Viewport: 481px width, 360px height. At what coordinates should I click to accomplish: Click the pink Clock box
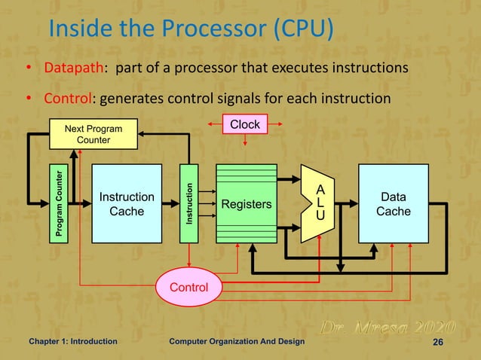tap(244, 124)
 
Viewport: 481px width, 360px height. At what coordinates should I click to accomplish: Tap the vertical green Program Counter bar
tap(59, 203)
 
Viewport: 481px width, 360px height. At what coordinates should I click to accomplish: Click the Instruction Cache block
tap(127, 203)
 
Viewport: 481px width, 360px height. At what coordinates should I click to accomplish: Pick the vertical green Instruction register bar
tap(189, 203)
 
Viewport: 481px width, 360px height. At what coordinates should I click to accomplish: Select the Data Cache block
tap(394, 203)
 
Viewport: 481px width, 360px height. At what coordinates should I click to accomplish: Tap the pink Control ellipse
tap(190, 287)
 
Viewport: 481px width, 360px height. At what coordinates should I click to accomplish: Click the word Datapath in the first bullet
tap(73, 69)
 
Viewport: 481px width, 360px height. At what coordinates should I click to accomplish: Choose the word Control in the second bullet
tap(67, 99)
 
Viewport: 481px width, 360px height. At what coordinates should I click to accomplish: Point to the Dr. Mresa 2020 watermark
tap(388, 328)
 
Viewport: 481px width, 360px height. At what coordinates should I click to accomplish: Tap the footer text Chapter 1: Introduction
tap(72, 342)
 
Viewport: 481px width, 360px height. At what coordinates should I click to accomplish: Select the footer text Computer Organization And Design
tap(237, 342)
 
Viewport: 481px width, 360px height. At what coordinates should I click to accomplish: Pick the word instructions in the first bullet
tap(369, 69)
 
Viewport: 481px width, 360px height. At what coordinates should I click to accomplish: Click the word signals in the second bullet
tap(251, 99)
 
